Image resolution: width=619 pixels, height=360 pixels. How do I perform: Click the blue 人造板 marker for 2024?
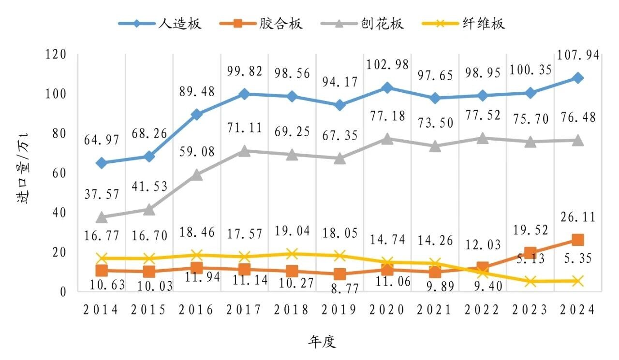577,78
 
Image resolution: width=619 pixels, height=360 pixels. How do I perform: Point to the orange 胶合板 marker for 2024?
577,240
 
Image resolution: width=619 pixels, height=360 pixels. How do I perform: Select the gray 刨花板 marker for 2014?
101,217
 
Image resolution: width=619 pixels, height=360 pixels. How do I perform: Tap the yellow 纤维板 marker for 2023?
530,281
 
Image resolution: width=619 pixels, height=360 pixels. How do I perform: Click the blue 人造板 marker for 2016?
196,114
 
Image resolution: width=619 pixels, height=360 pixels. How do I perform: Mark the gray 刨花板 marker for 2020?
387,139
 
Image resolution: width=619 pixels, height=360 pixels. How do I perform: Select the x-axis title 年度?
322,342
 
